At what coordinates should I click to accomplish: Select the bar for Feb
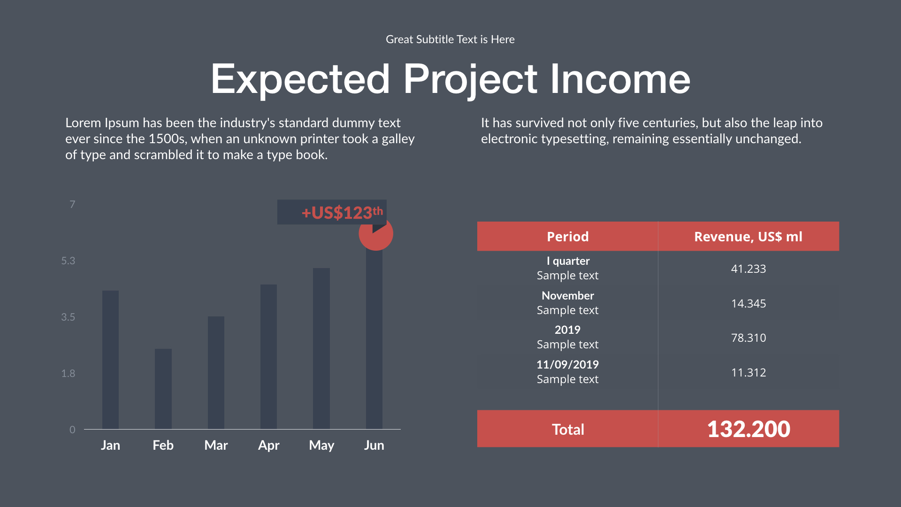163,389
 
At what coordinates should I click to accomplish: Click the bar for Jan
110,360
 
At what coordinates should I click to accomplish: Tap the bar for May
321,348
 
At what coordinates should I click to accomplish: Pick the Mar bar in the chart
216,373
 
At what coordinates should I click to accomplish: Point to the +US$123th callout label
342,213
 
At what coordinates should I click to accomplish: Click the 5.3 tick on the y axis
68,261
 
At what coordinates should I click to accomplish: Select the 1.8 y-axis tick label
68,374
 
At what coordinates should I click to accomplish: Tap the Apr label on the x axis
269,446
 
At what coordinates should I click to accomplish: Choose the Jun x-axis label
374,445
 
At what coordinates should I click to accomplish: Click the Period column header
568,237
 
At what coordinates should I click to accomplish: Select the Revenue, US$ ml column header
748,237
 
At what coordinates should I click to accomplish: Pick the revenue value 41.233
748,269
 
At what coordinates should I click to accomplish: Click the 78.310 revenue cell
748,338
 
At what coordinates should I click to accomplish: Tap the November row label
568,296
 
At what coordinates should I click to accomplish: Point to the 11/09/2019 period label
568,365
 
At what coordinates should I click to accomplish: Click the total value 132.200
748,429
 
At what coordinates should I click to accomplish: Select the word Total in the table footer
568,430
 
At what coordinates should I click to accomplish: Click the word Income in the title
620,79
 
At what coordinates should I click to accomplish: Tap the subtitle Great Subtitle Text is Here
450,39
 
